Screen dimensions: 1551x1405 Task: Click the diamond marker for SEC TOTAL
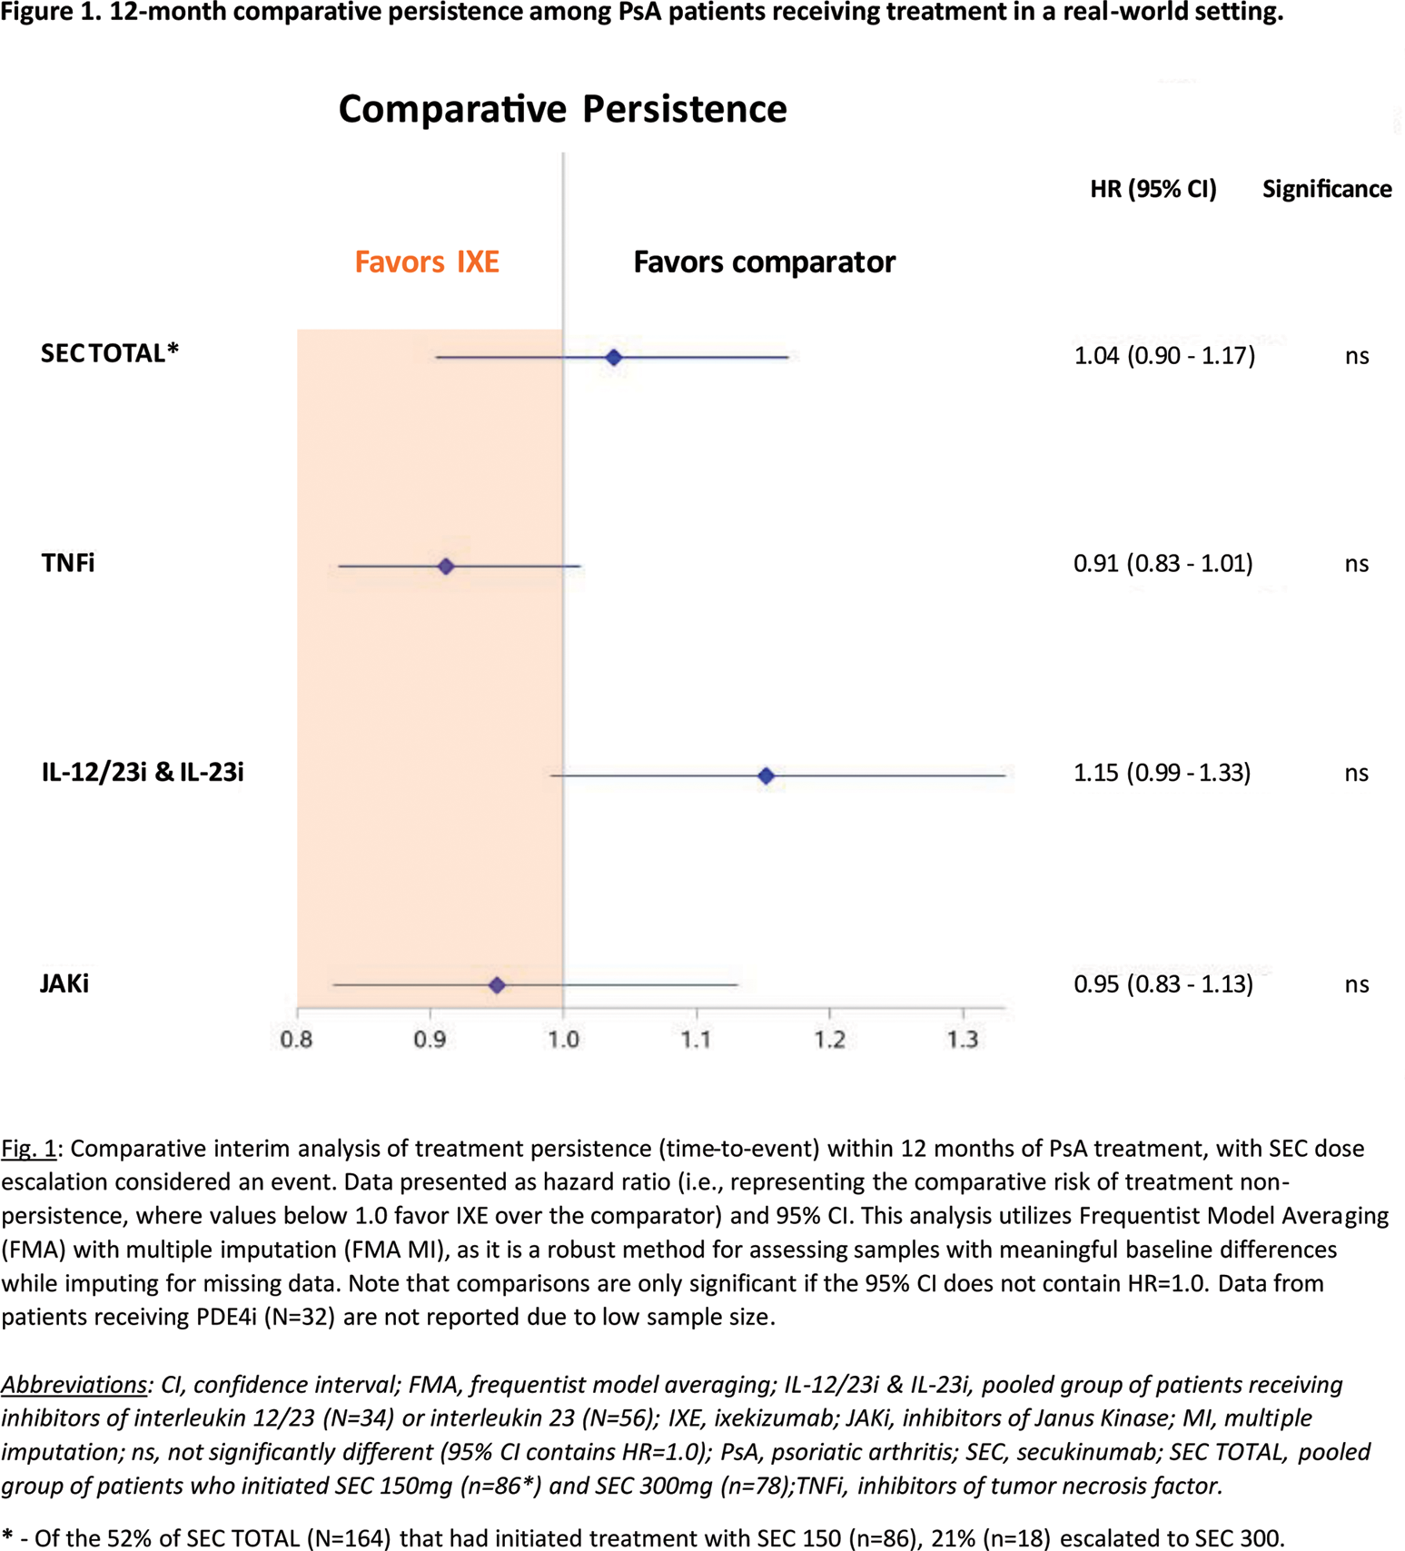pos(614,358)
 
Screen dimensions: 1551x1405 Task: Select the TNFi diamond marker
pos(446,567)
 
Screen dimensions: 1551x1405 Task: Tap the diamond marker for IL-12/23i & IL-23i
pos(766,775)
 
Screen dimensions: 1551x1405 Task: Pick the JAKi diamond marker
pos(497,985)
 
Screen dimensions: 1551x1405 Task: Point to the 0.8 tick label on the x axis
pos(296,1039)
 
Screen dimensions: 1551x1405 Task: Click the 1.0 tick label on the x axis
pos(563,1039)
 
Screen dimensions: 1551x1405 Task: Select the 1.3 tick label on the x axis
pos(963,1039)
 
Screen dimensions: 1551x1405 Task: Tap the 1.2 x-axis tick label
pos(829,1039)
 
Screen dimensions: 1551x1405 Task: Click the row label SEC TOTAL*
pos(110,353)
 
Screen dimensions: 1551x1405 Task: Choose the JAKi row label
pos(64,983)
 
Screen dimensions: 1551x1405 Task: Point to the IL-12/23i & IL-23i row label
pos(143,773)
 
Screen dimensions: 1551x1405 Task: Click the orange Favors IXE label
pos(427,262)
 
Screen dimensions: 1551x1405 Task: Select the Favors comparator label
pos(764,262)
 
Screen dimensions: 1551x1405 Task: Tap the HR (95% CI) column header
pos(1153,189)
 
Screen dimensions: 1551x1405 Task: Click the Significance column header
pos(1326,189)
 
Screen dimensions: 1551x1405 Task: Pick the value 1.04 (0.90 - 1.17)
pos(1164,355)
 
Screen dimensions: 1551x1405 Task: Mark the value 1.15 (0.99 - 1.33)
pos(1162,773)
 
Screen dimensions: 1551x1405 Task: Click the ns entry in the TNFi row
pos(1356,564)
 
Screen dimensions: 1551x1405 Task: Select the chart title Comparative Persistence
pos(562,109)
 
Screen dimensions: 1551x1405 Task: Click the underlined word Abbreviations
pos(74,1385)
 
